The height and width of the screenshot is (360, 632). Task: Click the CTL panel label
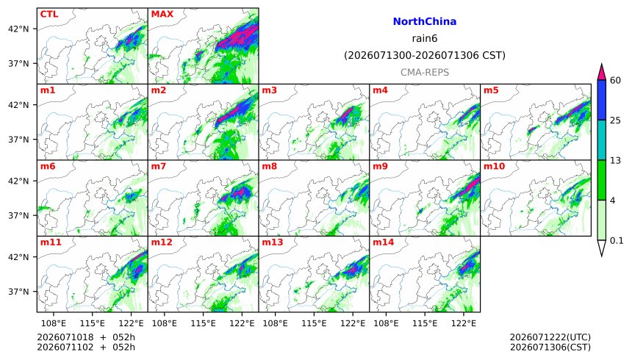tap(49, 14)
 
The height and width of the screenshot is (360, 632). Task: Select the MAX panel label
tap(162, 14)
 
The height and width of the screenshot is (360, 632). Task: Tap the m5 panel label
tap(491, 90)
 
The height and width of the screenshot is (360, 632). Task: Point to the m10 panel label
tap(494, 166)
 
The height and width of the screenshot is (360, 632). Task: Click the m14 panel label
tap(383, 242)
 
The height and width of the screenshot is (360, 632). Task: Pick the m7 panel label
tap(159, 166)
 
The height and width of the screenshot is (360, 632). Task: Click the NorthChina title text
tap(425, 21)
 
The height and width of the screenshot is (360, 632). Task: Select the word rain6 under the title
tap(425, 38)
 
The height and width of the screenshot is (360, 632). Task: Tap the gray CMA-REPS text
tap(425, 72)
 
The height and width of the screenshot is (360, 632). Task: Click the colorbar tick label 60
tap(615, 80)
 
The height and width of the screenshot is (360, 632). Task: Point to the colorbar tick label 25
tap(615, 120)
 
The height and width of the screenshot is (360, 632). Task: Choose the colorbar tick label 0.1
tap(617, 241)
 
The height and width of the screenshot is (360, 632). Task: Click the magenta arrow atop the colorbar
tap(601, 72)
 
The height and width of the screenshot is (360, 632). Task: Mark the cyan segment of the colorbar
tap(601, 140)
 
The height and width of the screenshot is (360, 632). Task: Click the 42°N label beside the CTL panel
tap(18, 29)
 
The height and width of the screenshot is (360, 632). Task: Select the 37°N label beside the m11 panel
tap(18, 292)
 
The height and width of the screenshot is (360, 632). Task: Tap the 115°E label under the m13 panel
tap(314, 323)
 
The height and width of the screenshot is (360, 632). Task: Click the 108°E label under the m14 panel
tap(386, 323)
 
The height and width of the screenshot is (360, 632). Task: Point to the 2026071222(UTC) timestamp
tap(550, 337)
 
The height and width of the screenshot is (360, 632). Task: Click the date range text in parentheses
tap(425, 55)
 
